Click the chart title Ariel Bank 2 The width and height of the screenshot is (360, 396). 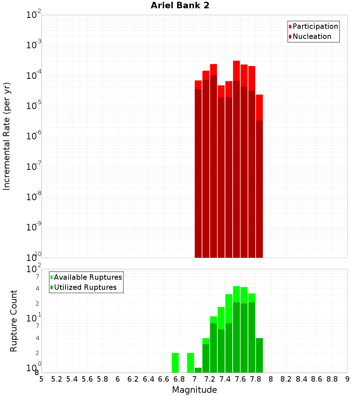click(180, 5)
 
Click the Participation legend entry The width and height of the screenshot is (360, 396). click(315, 26)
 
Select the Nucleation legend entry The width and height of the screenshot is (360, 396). click(311, 36)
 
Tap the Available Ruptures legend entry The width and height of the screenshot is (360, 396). click(87, 277)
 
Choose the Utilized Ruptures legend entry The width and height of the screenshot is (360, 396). click(85, 287)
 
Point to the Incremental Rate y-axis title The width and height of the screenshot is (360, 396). click(7, 136)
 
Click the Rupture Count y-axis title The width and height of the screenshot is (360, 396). click(14, 321)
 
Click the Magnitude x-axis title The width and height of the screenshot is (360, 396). click(194, 390)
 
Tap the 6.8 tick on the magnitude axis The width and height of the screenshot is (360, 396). click(179, 379)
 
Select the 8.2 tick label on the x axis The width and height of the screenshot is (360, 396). click(286, 379)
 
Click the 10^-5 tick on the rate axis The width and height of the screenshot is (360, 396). click(33, 106)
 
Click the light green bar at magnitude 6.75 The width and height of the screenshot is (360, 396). click(175, 363)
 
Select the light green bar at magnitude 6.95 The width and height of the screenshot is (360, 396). click(190, 363)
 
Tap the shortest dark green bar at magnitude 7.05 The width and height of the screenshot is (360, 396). click(198, 370)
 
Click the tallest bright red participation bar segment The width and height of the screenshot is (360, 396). click(237, 71)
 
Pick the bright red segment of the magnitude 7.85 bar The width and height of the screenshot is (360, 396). click(259, 107)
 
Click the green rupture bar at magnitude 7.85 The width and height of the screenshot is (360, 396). click(259, 355)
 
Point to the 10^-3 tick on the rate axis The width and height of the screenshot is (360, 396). click(33, 45)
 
